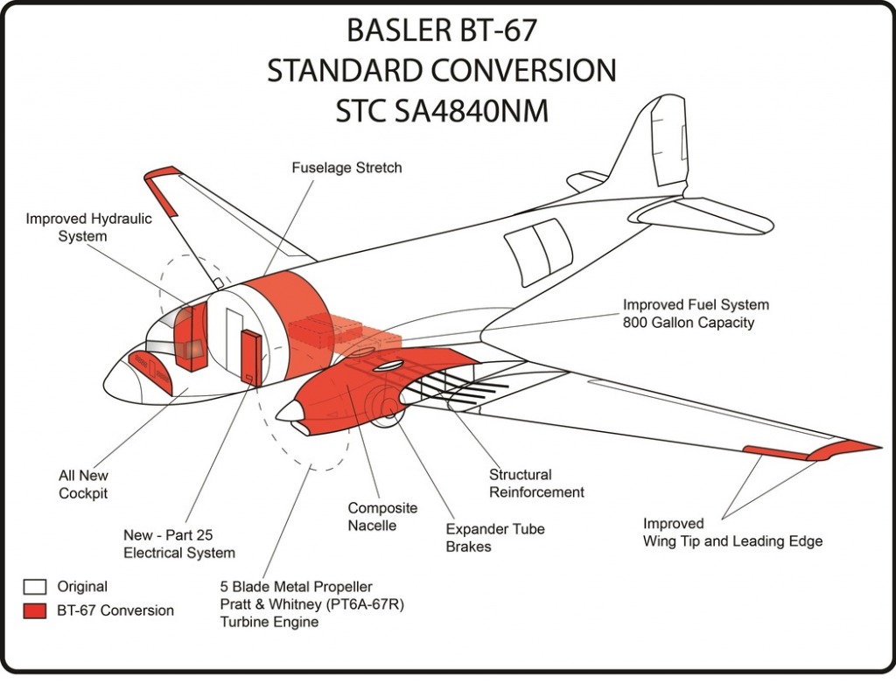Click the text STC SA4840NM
coord(442,111)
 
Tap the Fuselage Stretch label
coord(346,167)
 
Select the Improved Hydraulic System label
coord(88,227)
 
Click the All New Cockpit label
coord(83,484)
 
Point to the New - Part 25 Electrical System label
coord(178,544)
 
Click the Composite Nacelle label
coord(382,517)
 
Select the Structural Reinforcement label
coord(536,483)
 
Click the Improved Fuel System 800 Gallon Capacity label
coord(696,313)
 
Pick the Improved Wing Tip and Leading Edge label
coord(732,533)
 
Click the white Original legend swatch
coord(35,587)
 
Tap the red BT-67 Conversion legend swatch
coord(35,610)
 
